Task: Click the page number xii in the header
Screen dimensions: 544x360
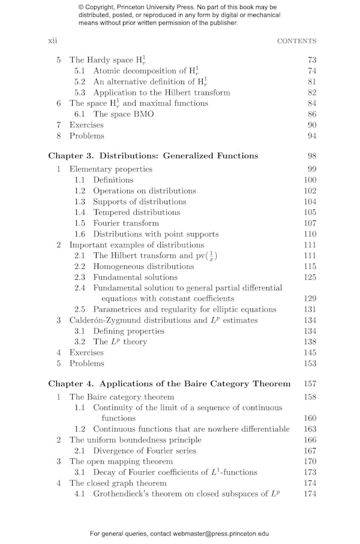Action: click(52, 41)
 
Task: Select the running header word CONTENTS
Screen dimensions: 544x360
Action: click(296, 41)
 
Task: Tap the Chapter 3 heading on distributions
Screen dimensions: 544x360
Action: click(153, 156)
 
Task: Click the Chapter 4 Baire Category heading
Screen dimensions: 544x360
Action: click(169, 384)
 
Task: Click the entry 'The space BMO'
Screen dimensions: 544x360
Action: click(123, 114)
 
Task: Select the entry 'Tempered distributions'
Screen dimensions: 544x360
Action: click(136, 213)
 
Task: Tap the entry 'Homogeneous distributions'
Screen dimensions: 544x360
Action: click(143, 267)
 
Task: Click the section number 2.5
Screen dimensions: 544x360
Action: click(80, 310)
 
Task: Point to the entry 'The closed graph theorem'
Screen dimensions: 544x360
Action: click(118, 483)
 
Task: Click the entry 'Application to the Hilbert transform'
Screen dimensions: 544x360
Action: click(161, 92)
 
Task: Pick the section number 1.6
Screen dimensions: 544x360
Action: click(80, 234)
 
